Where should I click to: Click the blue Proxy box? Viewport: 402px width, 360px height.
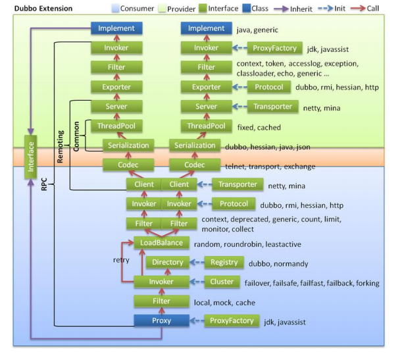click(161, 321)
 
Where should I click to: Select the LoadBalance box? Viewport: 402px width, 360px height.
click(161, 243)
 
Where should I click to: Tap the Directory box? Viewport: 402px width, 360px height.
click(167, 263)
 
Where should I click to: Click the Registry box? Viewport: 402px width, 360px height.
click(224, 263)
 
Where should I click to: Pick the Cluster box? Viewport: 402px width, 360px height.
click(224, 282)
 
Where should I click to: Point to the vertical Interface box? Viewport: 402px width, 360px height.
click(30, 157)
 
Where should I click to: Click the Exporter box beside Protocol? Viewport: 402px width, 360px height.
click(207, 87)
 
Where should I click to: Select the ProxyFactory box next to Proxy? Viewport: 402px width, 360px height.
click(231, 321)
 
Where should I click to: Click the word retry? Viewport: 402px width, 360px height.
click(120, 259)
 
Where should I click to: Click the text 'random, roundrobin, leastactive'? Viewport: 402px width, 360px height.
click(247, 244)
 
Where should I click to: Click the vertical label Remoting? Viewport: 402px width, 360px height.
click(60, 145)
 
